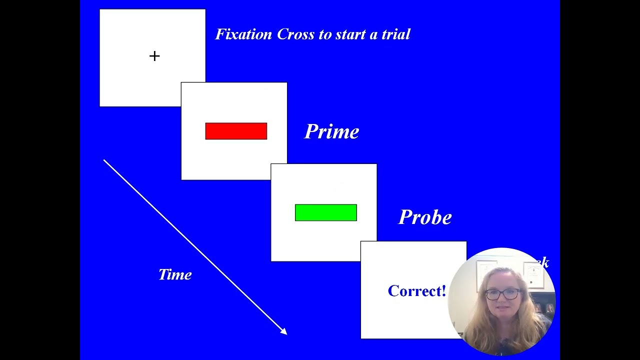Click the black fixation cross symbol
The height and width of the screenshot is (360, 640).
[x=154, y=56]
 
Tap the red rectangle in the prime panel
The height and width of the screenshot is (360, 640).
[x=236, y=131]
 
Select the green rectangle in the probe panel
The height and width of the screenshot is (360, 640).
[x=326, y=212]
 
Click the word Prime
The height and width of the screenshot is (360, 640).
[x=331, y=132]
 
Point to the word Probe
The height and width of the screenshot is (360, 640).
[x=425, y=217]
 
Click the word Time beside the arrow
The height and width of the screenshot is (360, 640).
[x=175, y=274]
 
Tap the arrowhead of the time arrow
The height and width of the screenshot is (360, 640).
[x=284, y=331]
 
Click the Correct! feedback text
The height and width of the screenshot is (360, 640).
[x=416, y=291]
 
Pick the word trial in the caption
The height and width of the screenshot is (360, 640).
[x=395, y=34]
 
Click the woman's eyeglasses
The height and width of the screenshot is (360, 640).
[x=502, y=294]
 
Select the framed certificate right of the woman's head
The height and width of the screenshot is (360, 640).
[x=533, y=275]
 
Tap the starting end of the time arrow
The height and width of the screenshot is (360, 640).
[x=104, y=160]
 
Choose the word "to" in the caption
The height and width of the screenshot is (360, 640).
[x=323, y=34]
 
